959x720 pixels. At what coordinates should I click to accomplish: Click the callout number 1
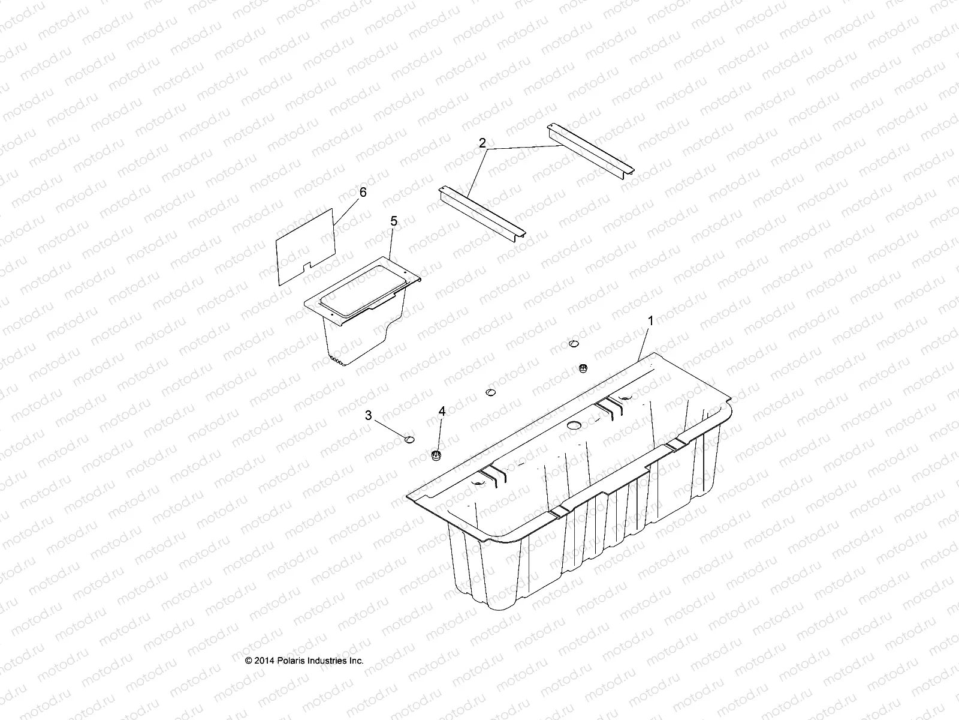651,321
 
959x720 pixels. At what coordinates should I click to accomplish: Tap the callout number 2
498,143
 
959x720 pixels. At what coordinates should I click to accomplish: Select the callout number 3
369,415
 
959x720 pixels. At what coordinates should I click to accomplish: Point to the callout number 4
442,411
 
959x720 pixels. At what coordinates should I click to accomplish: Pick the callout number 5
393,221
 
